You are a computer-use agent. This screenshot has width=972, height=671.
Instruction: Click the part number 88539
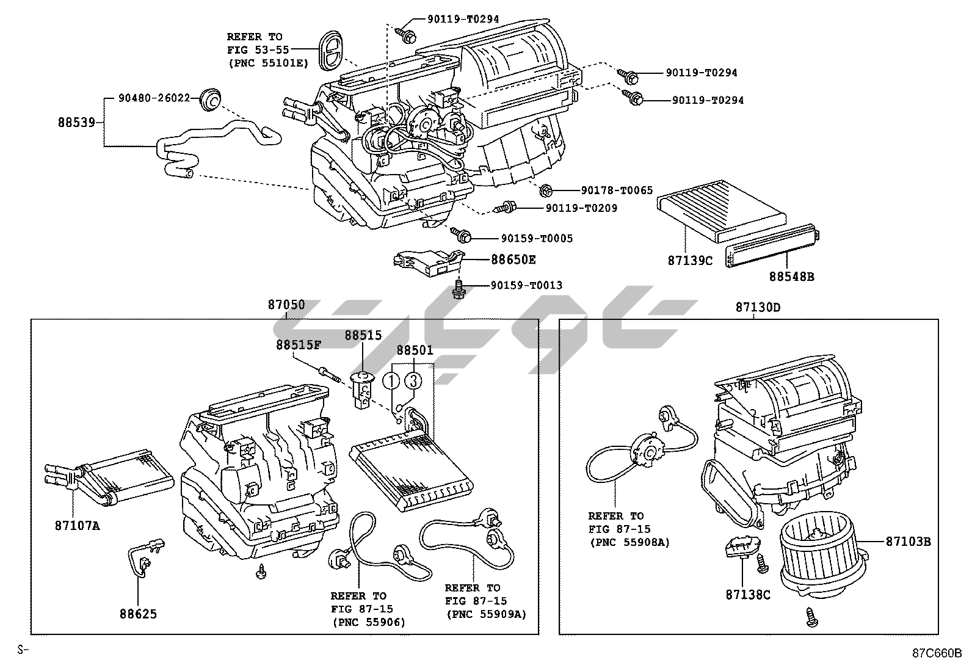(76, 122)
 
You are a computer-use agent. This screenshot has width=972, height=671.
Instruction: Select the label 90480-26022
(154, 98)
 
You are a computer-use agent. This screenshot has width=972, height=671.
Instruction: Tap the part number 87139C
(690, 261)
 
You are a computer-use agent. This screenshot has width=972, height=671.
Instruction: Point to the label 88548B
(791, 277)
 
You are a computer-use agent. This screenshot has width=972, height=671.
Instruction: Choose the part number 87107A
(76, 524)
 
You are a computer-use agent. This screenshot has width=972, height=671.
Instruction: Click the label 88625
(138, 614)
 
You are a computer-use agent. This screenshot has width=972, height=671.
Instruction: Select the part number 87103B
(909, 541)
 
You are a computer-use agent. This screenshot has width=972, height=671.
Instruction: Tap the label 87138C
(748, 594)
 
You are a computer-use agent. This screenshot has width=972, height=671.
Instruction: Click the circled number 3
(413, 381)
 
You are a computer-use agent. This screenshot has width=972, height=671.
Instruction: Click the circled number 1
(391, 381)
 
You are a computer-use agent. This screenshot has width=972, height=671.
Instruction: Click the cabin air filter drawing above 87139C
(718, 211)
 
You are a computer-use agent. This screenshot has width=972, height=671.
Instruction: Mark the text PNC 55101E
(269, 62)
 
